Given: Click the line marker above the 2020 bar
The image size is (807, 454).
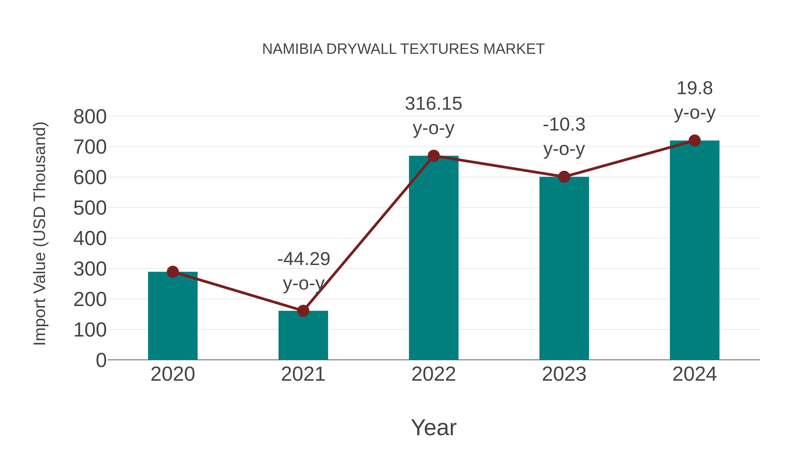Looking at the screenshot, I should pyautogui.click(x=173, y=272).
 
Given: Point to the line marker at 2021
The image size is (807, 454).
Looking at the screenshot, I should pyautogui.click(x=303, y=311).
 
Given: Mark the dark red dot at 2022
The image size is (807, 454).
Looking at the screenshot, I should pyautogui.click(x=434, y=156).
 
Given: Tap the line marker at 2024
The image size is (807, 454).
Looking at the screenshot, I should pyautogui.click(x=694, y=141).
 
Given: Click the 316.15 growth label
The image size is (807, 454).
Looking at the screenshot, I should pyautogui.click(x=433, y=104).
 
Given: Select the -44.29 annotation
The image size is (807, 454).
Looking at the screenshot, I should pyautogui.click(x=304, y=259).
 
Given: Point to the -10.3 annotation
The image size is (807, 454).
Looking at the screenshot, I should pyautogui.click(x=564, y=125).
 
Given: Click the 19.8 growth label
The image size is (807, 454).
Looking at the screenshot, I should pyautogui.click(x=694, y=88).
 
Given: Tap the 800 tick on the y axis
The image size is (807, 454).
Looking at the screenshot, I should pyautogui.click(x=90, y=117).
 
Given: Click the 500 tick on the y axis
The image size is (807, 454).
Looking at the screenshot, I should pyautogui.click(x=90, y=208).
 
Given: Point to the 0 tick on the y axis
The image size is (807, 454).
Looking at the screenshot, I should pyautogui.click(x=101, y=360).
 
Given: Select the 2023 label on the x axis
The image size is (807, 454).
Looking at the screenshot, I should pyautogui.click(x=564, y=374).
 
